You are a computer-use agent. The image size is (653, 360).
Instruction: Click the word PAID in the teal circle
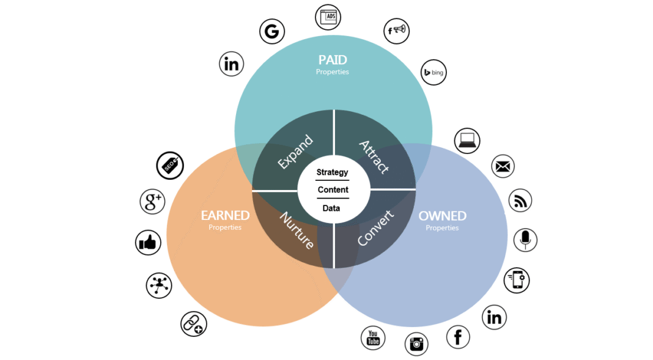coord(333,60)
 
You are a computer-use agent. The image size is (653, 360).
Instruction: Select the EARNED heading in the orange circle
coord(225,216)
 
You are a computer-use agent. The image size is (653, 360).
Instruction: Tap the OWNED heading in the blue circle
coord(442,216)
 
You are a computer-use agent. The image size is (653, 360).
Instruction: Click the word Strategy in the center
coord(333,172)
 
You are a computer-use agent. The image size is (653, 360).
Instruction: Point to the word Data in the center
coord(331,208)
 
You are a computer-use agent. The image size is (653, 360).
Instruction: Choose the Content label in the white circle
coord(333,190)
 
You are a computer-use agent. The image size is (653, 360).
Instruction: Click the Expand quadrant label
coord(295,152)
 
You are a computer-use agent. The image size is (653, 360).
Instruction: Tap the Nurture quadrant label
coord(297,230)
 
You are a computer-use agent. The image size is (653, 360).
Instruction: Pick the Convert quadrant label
coord(375,229)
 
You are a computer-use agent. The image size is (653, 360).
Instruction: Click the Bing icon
coord(434,73)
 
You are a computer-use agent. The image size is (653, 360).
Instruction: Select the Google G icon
coord(272,31)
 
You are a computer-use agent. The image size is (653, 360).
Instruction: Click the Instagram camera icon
coord(416,344)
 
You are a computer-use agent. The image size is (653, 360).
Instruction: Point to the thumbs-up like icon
coord(148,243)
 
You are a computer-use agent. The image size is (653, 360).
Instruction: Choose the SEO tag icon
coord(169,166)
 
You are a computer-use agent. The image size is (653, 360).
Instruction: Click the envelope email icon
coord(503,166)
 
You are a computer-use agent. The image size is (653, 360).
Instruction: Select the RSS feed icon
coord(520,201)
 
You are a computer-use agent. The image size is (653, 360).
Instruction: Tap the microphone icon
coord(525,240)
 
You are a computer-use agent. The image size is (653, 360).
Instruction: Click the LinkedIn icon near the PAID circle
coord(232,64)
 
